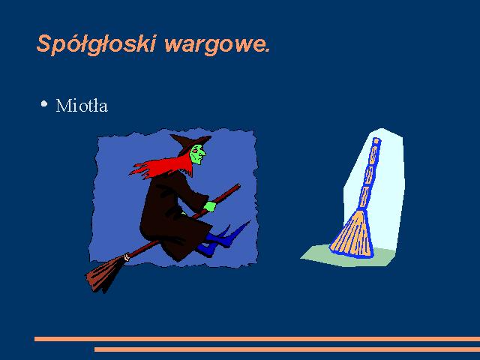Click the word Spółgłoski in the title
(x=97, y=45)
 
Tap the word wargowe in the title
(x=215, y=46)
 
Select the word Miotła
(x=82, y=106)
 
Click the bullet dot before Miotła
(x=44, y=103)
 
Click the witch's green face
(x=197, y=154)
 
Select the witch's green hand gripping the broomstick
(x=210, y=206)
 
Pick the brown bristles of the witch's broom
(x=103, y=273)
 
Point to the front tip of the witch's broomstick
(x=238, y=185)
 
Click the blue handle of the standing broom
(x=368, y=175)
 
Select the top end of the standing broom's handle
(x=376, y=140)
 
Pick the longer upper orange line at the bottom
(x=257, y=339)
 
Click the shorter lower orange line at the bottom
(x=287, y=349)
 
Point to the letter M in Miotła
(x=62, y=106)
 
